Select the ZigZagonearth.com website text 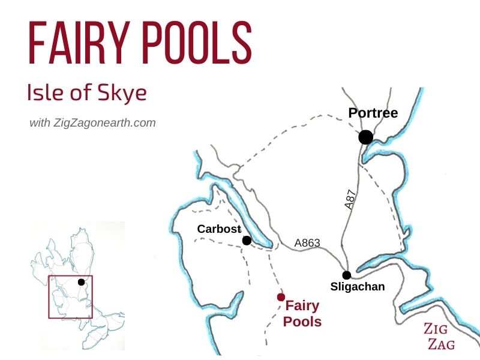tap(104, 123)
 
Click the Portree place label tap(373, 113)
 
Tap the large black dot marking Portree tap(365, 137)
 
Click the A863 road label tap(307, 243)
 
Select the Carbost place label tap(219, 229)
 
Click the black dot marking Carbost tap(247, 241)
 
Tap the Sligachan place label tap(358, 287)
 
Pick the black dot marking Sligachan tap(347, 275)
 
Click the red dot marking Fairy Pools tap(281, 297)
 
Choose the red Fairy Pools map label tap(302, 313)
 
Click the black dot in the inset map tap(81, 282)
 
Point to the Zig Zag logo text tap(439, 336)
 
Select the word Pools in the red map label tap(302, 322)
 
